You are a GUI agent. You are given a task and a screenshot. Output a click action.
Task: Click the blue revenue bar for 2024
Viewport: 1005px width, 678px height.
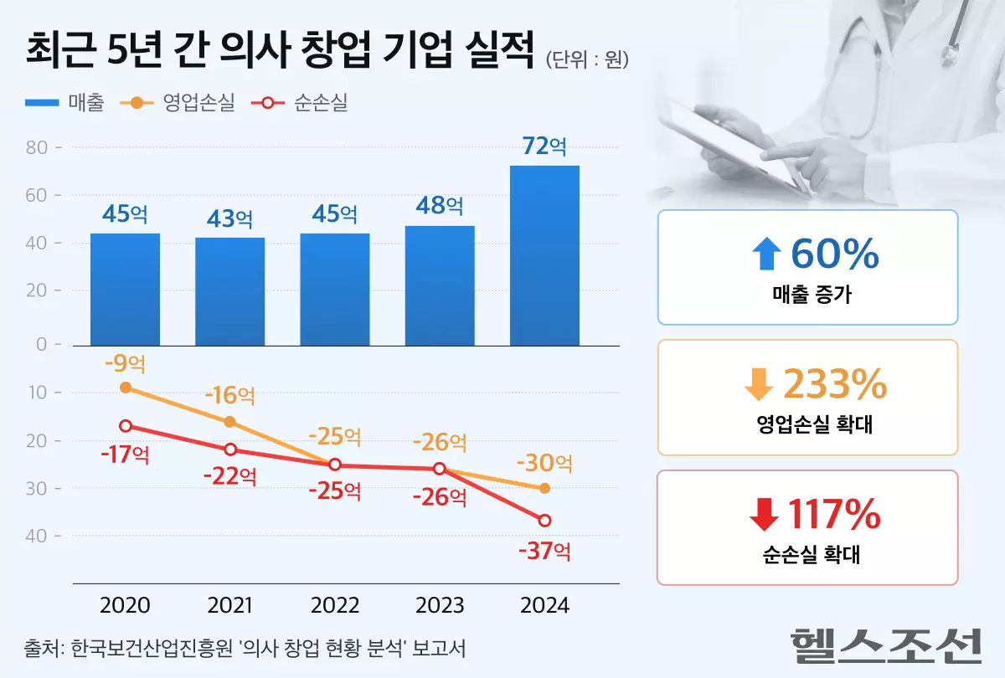coord(544,255)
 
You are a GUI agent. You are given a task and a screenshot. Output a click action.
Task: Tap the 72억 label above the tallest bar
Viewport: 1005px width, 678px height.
coord(544,146)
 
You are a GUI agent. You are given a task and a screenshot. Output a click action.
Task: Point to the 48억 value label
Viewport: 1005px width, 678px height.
coord(440,205)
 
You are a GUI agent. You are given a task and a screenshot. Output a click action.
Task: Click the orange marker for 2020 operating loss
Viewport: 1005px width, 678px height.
coord(126,388)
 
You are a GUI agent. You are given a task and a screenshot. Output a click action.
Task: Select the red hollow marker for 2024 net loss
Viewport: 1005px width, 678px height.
coord(544,521)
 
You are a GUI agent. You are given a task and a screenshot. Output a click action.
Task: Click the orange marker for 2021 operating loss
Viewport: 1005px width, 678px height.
coord(230,421)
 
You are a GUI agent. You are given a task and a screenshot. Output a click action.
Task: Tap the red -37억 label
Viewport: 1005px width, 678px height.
coord(544,552)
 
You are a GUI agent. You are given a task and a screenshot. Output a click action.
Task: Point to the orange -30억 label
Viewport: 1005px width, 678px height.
coord(544,462)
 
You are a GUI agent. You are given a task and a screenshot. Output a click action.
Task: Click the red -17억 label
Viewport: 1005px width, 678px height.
coord(126,455)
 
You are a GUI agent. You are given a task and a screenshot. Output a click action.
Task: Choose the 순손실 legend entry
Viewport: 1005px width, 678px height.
coord(302,103)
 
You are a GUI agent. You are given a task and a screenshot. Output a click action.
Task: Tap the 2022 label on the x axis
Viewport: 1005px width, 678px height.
coord(335,605)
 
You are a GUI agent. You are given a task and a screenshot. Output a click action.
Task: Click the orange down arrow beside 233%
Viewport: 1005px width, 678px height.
coord(759,385)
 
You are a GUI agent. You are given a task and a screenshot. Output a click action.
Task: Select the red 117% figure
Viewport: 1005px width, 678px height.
coord(834,515)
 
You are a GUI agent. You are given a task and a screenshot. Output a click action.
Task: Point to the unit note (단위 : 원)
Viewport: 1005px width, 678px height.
coord(586,60)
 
